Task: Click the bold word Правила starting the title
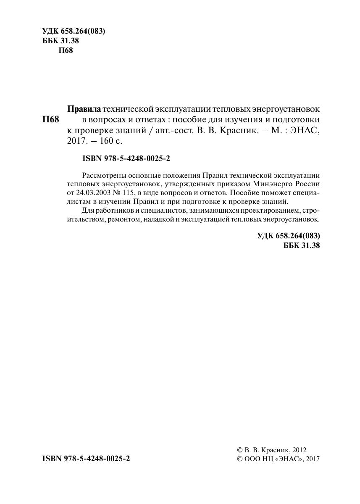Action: (x=84, y=109)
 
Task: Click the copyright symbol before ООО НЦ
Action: (x=240, y=459)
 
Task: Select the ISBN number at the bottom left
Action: (x=86, y=459)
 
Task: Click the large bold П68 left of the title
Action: (x=51, y=120)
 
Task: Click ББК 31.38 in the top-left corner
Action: (x=61, y=41)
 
